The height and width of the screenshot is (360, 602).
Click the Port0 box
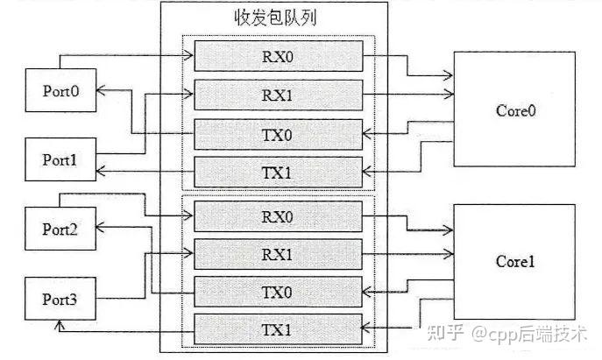point(60,90)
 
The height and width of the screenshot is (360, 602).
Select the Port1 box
point(60,159)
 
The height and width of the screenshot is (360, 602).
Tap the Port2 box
point(60,229)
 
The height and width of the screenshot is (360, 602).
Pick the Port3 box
point(60,299)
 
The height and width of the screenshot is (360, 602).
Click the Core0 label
point(515,110)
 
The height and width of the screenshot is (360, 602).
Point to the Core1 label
point(515,261)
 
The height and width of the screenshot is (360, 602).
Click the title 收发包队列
point(275,18)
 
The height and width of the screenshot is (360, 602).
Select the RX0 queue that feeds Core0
point(279,56)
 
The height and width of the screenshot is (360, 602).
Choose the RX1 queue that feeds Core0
point(279,95)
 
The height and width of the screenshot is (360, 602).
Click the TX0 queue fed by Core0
point(279,135)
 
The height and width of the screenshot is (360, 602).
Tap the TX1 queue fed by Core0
point(279,173)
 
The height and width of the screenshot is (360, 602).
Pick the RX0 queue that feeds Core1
point(279,216)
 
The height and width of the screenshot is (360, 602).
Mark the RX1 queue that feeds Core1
point(279,254)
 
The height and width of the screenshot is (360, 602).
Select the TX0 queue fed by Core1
point(279,292)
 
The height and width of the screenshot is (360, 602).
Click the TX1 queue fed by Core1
point(279,329)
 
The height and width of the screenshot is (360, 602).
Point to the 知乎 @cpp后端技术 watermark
point(507,333)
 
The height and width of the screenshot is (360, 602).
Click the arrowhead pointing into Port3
point(59,325)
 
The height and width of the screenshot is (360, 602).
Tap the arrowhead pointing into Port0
point(100,90)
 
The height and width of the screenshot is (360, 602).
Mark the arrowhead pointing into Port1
point(100,171)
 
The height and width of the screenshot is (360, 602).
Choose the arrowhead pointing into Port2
point(100,227)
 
